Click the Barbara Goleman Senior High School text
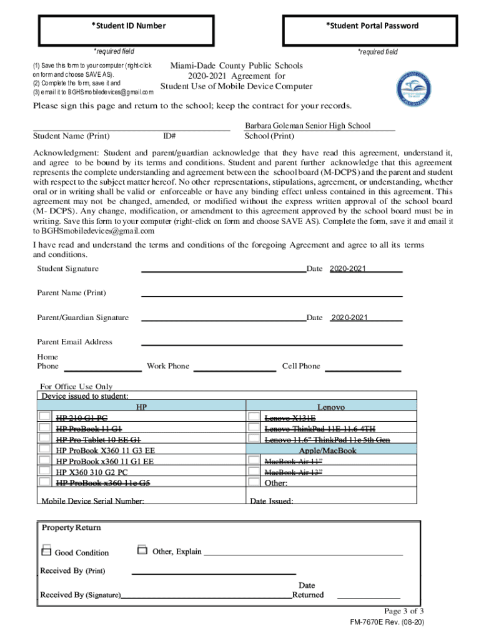pos(307,125)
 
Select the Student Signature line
pos(224,270)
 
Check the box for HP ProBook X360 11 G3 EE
pos(45,449)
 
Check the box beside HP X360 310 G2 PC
pos(45,472)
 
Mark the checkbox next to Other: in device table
pos(254,482)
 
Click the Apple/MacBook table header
pos(327,450)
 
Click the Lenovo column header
pos(330,407)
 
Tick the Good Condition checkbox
pos(46,552)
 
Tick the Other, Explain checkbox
pos(142,550)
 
